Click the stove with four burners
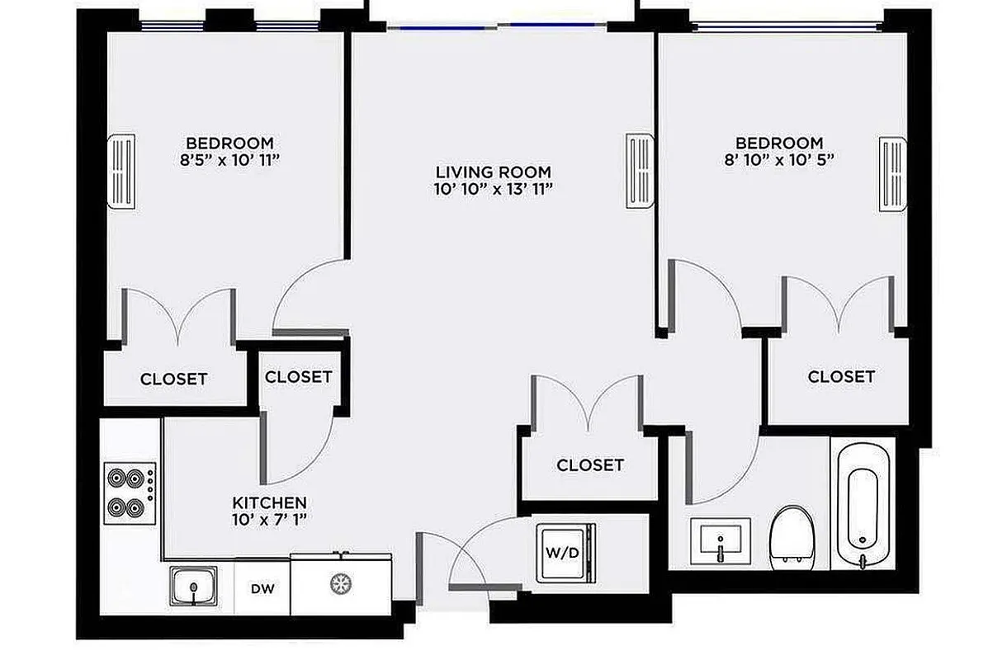pyautogui.click(x=130, y=493)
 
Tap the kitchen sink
pyautogui.click(x=195, y=587)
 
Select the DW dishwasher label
pyautogui.click(x=262, y=589)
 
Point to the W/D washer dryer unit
pyautogui.click(x=565, y=552)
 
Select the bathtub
pyautogui.click(x=862, y=506)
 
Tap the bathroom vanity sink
pyautogui.click(x=721, y=541)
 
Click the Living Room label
pyautogui.click(x=493, y=172)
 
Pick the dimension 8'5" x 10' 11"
pyautogui.click(x=229, y=159)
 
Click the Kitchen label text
pyautogui.click(x=269, y=502)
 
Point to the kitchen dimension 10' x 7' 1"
pyautogui.click(x=269, y=520)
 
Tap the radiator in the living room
pyautogui.click(x=639, y=171)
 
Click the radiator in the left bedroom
pyautogui.click(x=121, y=172)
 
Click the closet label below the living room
pyautogui.click(x=589, y=465)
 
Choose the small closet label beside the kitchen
pyautogui.click(x=298, y=377)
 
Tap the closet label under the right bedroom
pyautogui.click(x=840, y=377)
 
